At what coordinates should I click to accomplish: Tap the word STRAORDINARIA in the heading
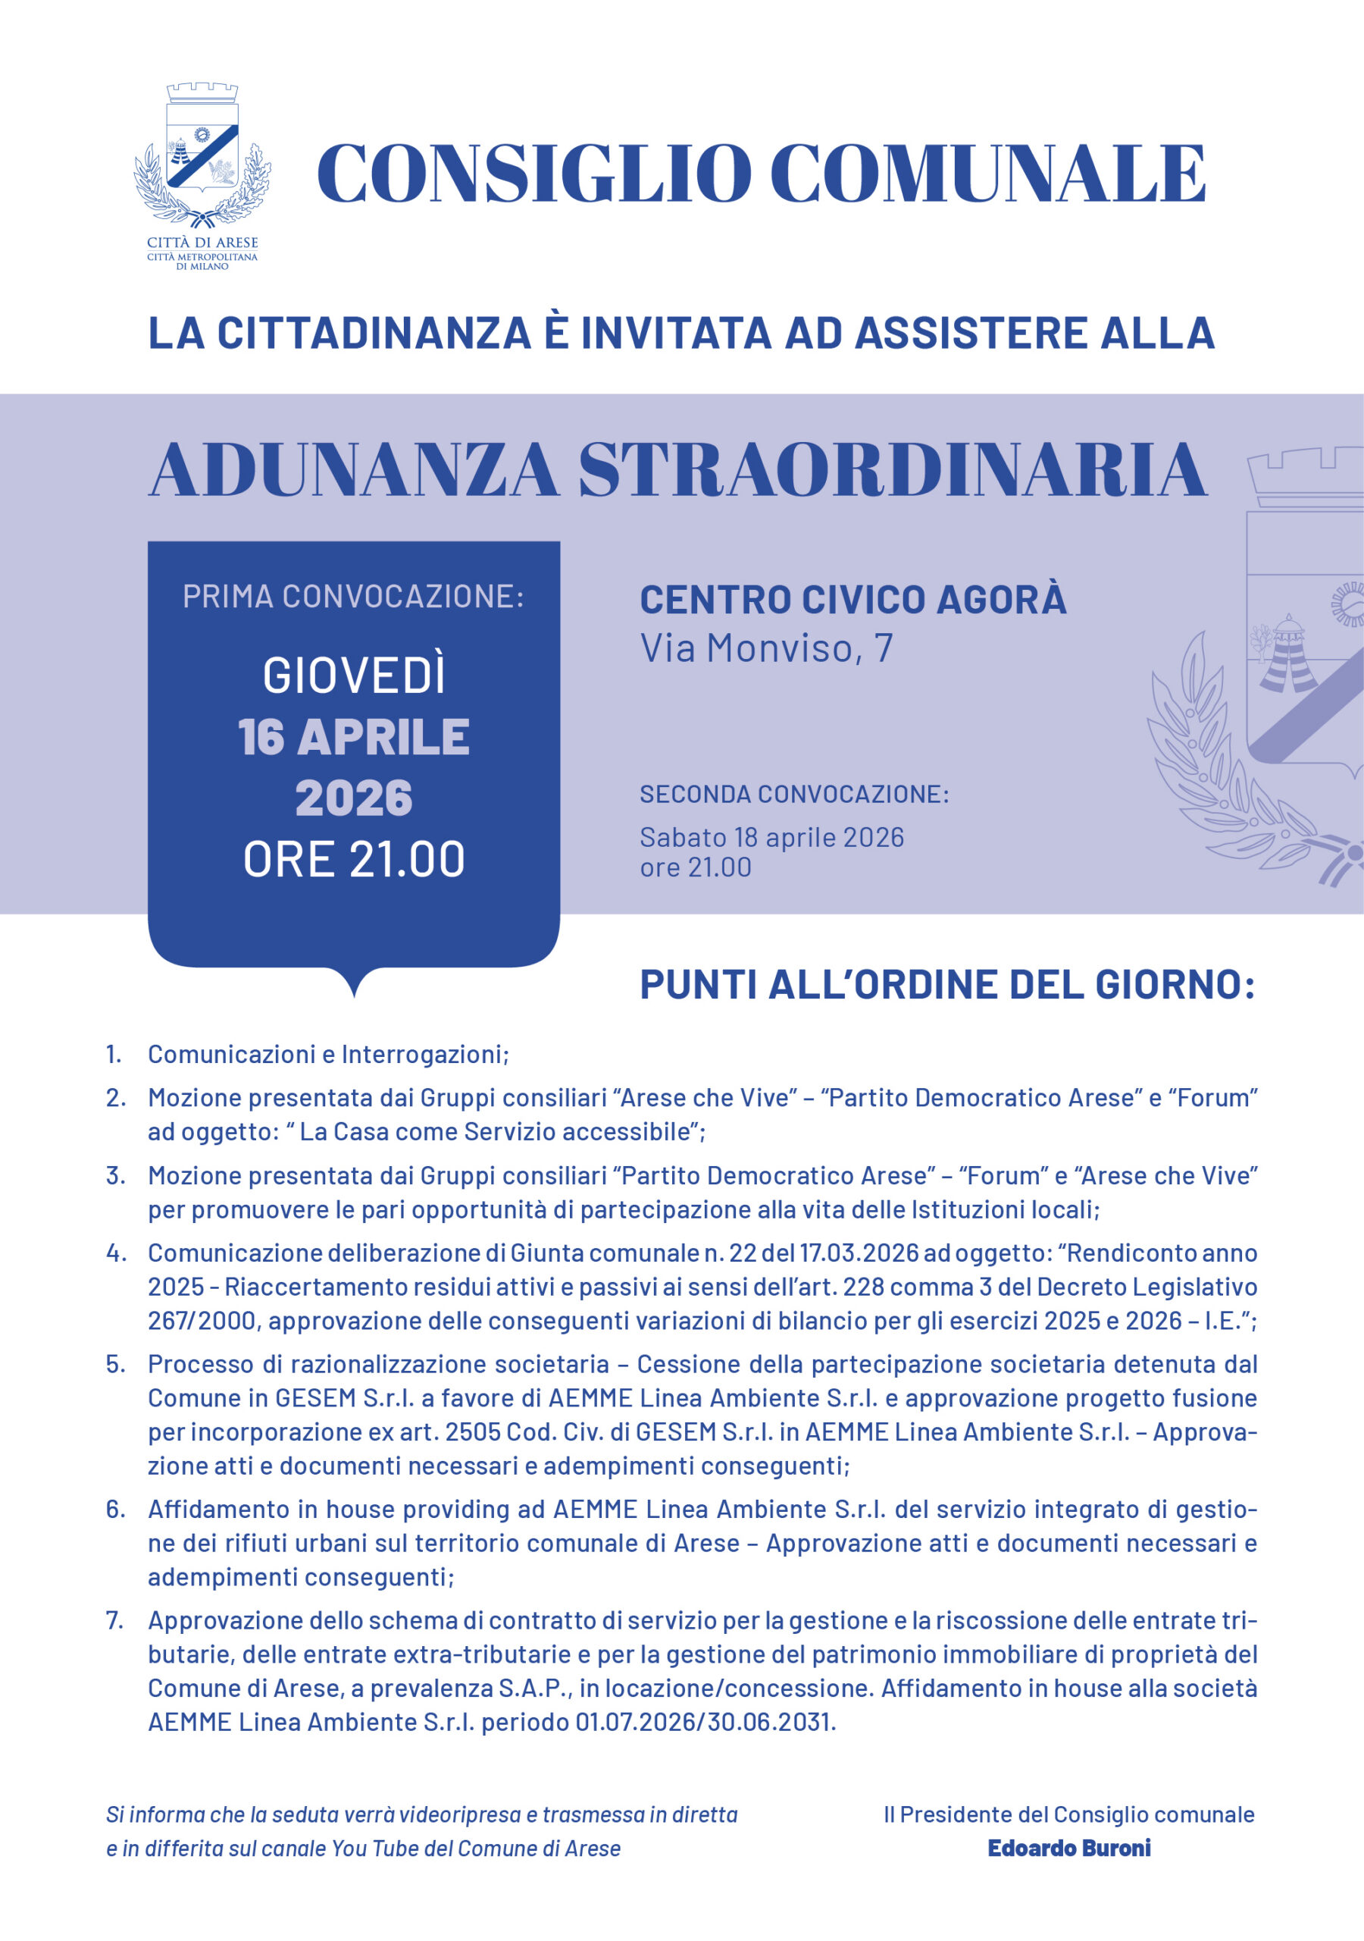(893, 471)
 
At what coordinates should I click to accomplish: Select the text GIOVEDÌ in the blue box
(353, 676)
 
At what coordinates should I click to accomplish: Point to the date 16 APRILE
(353, 736)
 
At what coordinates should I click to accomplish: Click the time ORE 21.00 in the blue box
(353, 860)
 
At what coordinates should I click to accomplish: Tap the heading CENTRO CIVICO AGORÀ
(852, 600)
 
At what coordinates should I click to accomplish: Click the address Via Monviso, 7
(765, 648)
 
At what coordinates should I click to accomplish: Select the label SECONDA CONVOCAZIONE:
(793, 795)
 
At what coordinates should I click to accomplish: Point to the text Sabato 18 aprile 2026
(771, 837)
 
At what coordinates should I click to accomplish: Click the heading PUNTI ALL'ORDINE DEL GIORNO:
(946, 985)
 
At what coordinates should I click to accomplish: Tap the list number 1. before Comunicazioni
(114, 1054)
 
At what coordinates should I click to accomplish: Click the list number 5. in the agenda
(115, 1363)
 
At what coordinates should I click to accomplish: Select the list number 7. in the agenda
(115, 1620)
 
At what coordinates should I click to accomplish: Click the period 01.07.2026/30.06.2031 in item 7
(704, 1721)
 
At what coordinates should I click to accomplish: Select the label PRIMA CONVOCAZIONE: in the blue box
(353, 597)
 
